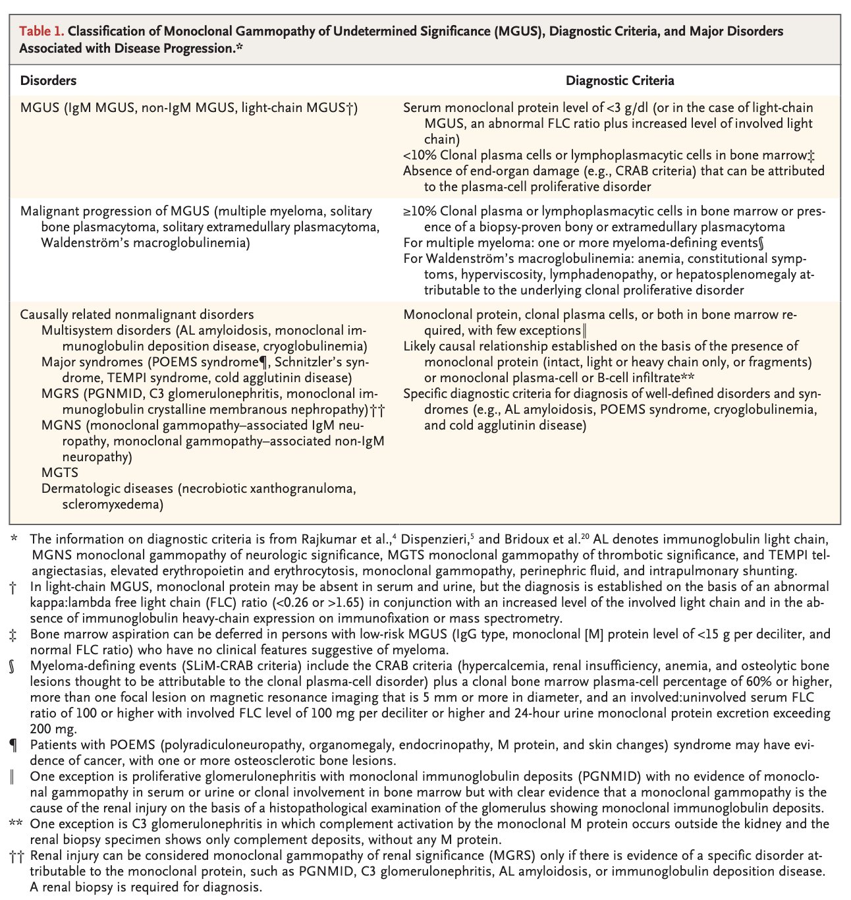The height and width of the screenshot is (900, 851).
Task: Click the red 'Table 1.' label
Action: coord(42,32)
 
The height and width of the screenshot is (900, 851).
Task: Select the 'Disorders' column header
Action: coord(48,81)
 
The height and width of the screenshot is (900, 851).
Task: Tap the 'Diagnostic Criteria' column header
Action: coord(620,81)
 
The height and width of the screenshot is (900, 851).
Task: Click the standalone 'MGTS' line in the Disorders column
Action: coord(59,472)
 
